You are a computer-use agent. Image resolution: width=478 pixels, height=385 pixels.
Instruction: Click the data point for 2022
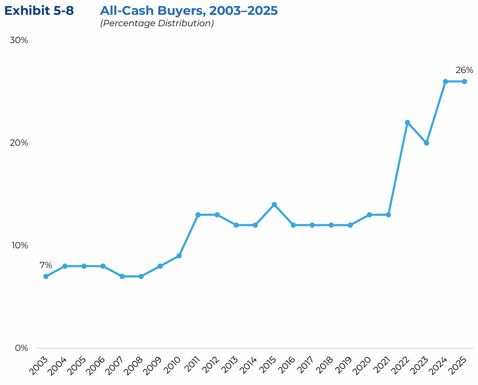407,122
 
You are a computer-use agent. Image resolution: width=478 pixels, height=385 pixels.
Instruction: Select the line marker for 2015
274,204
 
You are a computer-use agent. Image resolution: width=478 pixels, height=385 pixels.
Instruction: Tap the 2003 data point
46,276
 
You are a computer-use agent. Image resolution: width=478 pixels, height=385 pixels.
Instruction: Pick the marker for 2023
427,143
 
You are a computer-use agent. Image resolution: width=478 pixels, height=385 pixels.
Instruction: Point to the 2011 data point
198,215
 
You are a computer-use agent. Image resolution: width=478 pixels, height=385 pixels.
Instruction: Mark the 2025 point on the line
464,81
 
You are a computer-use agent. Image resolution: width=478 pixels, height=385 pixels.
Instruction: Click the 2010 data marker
179,256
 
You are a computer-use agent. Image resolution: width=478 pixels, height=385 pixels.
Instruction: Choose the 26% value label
464,70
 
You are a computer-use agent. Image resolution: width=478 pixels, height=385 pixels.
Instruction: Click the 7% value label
46,265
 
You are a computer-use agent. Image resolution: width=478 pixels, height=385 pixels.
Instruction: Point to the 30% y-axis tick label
19,40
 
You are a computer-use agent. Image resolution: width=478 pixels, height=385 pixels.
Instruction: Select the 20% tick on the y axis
19,143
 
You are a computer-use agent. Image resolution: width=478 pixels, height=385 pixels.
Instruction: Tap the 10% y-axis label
19,245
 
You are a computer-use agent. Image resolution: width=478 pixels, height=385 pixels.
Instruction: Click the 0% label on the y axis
21,348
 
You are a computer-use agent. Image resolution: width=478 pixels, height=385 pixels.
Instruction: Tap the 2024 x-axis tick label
439,365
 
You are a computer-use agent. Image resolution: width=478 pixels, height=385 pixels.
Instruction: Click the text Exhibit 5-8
39,11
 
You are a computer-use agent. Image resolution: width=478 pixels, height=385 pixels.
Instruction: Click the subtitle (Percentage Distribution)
157,23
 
